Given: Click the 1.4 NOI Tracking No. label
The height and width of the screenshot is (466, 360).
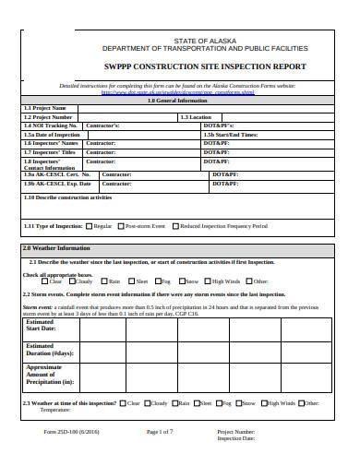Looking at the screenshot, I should [47, 125].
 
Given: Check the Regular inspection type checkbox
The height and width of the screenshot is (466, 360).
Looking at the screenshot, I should [89, 225].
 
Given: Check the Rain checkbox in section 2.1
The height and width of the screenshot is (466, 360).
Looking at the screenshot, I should [103, 281].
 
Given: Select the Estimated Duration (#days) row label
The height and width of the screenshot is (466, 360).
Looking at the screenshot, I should [50, 350].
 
